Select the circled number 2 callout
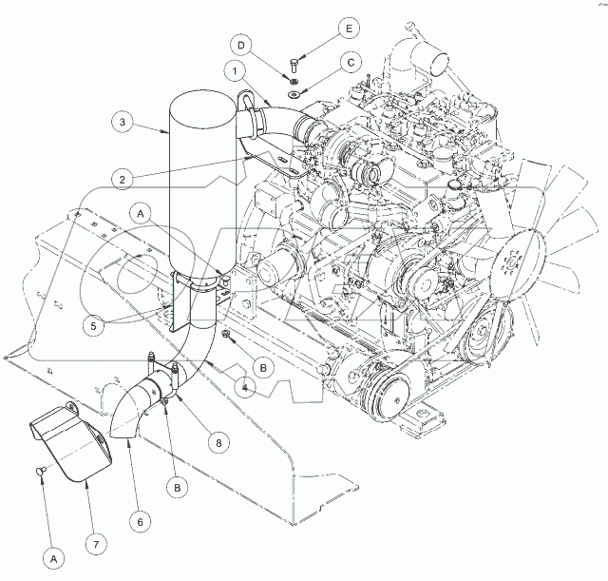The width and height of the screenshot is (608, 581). [123, 180]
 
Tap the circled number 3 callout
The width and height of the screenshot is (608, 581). [123, 122]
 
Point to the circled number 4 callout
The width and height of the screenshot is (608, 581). [245, 387]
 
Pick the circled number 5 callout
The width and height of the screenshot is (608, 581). [94, 325]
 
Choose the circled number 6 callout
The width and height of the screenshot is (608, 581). [141, 522]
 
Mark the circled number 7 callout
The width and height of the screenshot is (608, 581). [96, 545]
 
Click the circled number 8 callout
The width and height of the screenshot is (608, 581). [218, 442]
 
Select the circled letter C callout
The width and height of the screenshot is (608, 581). [351, 63]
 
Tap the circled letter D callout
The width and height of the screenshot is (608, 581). [241, 46]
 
